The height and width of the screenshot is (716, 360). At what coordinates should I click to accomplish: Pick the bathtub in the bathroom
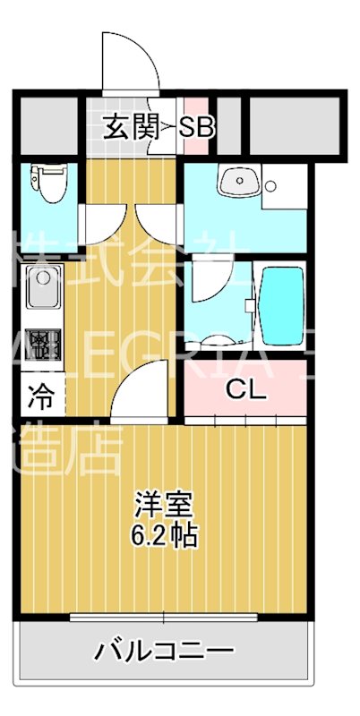pyautogui.click(x=281, y=304)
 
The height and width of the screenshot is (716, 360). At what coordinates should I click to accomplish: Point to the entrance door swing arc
pyautogui.click(x=130, y=63)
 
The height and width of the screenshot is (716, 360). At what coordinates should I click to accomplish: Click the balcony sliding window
pyautogui.click(x=165, y=617)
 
